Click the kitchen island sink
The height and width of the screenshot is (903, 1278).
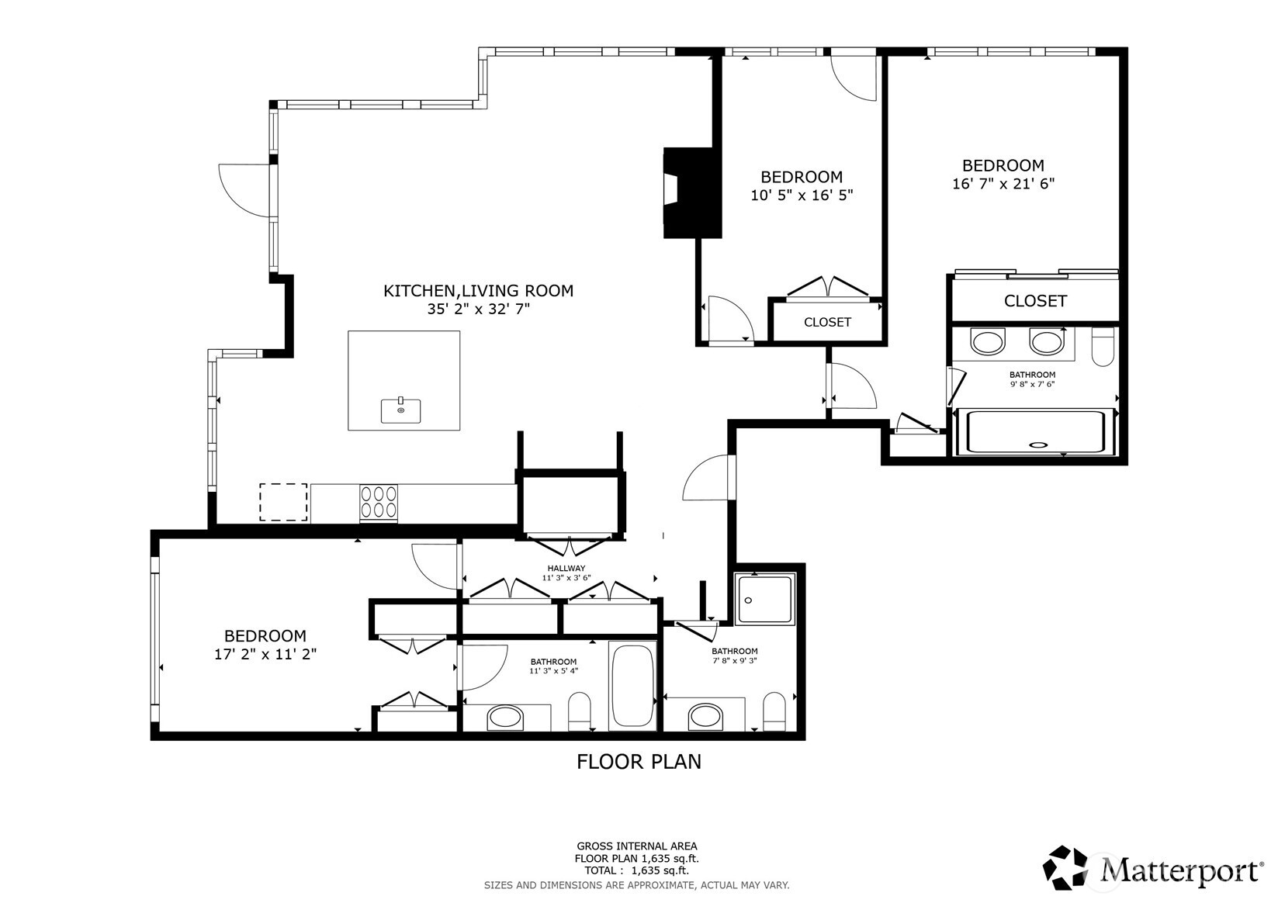tap(400, 410)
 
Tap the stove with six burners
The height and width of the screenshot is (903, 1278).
tap(378, 502)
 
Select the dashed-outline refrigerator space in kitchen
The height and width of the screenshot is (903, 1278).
tap(282, 502)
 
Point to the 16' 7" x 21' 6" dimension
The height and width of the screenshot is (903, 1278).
tap(1003, 185)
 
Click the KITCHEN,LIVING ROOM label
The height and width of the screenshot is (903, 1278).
tap(478, 291)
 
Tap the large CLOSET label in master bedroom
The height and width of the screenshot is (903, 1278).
tap(1035, 301)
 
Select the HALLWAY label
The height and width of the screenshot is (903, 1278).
tap(566, 569)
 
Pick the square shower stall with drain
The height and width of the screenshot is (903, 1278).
tap(765, 598)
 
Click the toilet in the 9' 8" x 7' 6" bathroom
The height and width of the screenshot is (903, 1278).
tap(1102, 347)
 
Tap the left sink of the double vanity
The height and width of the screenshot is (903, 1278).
tap(988, 342)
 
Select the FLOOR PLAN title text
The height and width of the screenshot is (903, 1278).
tap(639, 762)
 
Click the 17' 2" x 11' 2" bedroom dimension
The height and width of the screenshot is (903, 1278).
tap(265, 654)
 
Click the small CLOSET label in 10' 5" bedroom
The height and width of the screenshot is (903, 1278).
tap(827, 322)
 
